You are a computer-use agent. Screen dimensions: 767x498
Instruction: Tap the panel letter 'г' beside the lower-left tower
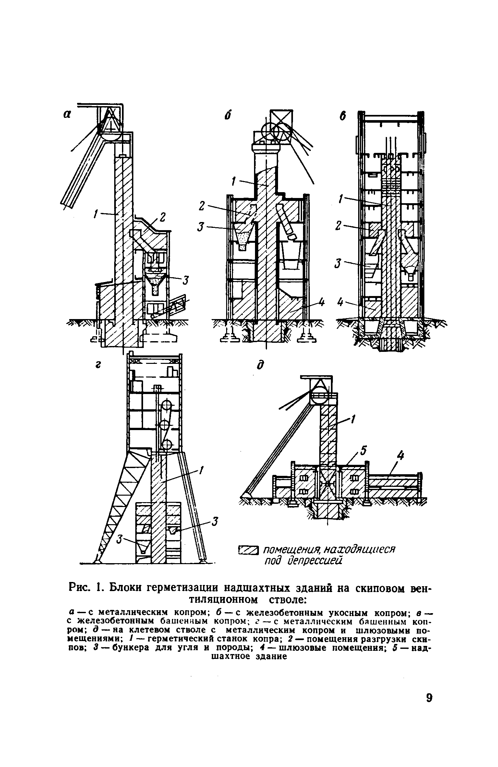(97, 365)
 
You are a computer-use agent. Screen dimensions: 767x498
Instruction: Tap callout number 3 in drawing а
(186, 280)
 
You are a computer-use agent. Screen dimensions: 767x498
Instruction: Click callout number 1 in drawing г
(201, 470)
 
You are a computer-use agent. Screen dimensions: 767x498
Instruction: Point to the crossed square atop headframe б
(281, 120)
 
